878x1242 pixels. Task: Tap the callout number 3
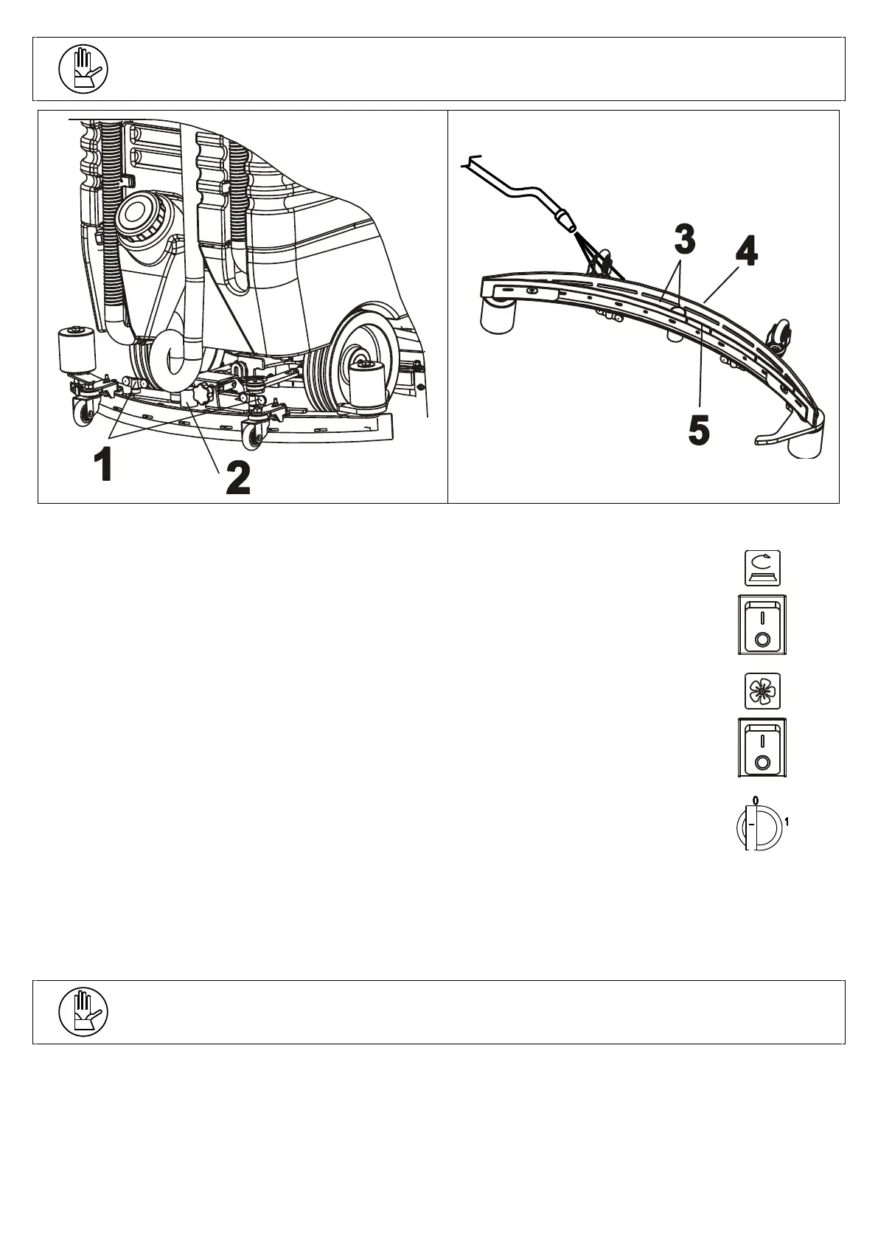(x=683, y=238)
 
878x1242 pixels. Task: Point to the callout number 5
(x=698, y=430)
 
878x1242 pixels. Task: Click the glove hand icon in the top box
(x=83, y=70)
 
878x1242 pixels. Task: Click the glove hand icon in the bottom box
(x=83, y=1012)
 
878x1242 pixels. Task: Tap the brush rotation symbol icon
(x=762, y=569)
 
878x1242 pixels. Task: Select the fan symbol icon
(x=762, y=692)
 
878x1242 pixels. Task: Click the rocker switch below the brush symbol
(x=762, y=625)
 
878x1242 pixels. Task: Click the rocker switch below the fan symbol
(x=762, y=748)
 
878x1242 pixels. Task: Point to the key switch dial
(x=758, y=825)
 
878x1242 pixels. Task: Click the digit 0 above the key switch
(x=755, y=799)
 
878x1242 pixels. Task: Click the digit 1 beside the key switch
(x=787, y=822)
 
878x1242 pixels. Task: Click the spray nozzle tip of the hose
(x=565, y=220)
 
